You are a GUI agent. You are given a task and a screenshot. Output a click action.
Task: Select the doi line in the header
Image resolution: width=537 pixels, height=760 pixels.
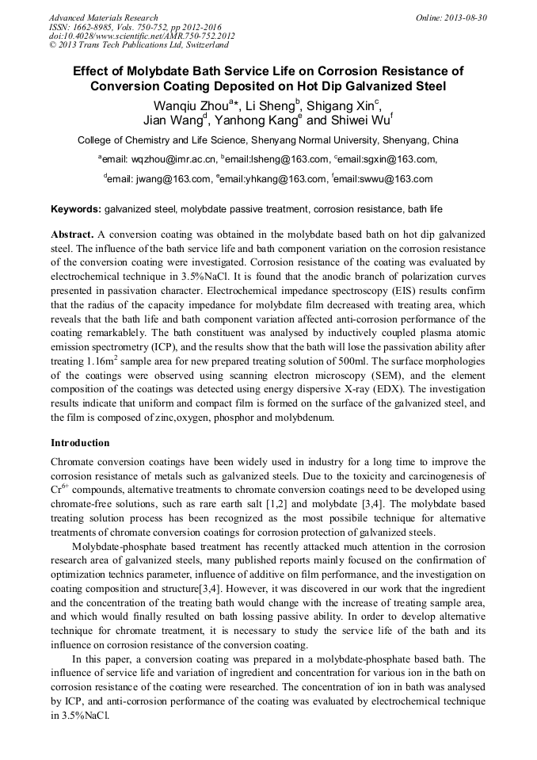tap(143, 36)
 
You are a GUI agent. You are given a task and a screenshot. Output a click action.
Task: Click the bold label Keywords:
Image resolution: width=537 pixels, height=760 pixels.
tap(76, 209)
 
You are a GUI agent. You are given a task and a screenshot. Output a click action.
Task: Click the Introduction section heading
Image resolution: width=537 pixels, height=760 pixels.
tap(80, 442)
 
